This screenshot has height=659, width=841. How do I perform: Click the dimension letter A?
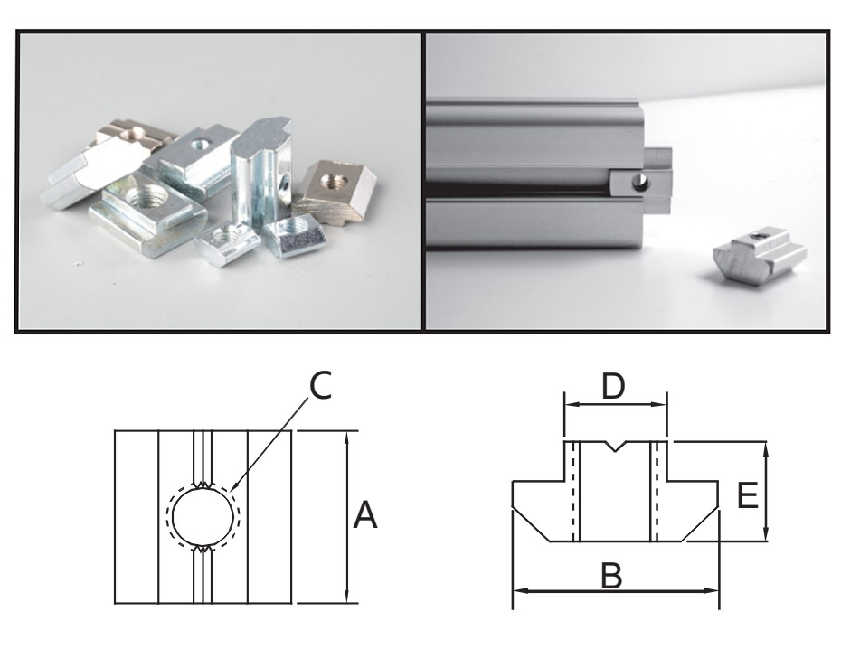[x=364, y=516]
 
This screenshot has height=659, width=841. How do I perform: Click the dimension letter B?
[x=612, y=575]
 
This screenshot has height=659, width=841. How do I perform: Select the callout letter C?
[x=321, y=386]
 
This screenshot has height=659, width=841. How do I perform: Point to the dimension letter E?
[x=747, y=495]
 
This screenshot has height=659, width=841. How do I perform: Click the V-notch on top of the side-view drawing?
[x=615, y=446]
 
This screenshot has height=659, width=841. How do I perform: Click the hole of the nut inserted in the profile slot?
[x=640, y=183]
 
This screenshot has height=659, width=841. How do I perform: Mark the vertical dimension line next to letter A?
[x=345, y=542]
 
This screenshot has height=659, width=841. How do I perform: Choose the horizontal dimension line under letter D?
[x=615, y=406]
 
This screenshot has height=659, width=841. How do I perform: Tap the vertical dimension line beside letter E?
[x=767, y=470]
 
